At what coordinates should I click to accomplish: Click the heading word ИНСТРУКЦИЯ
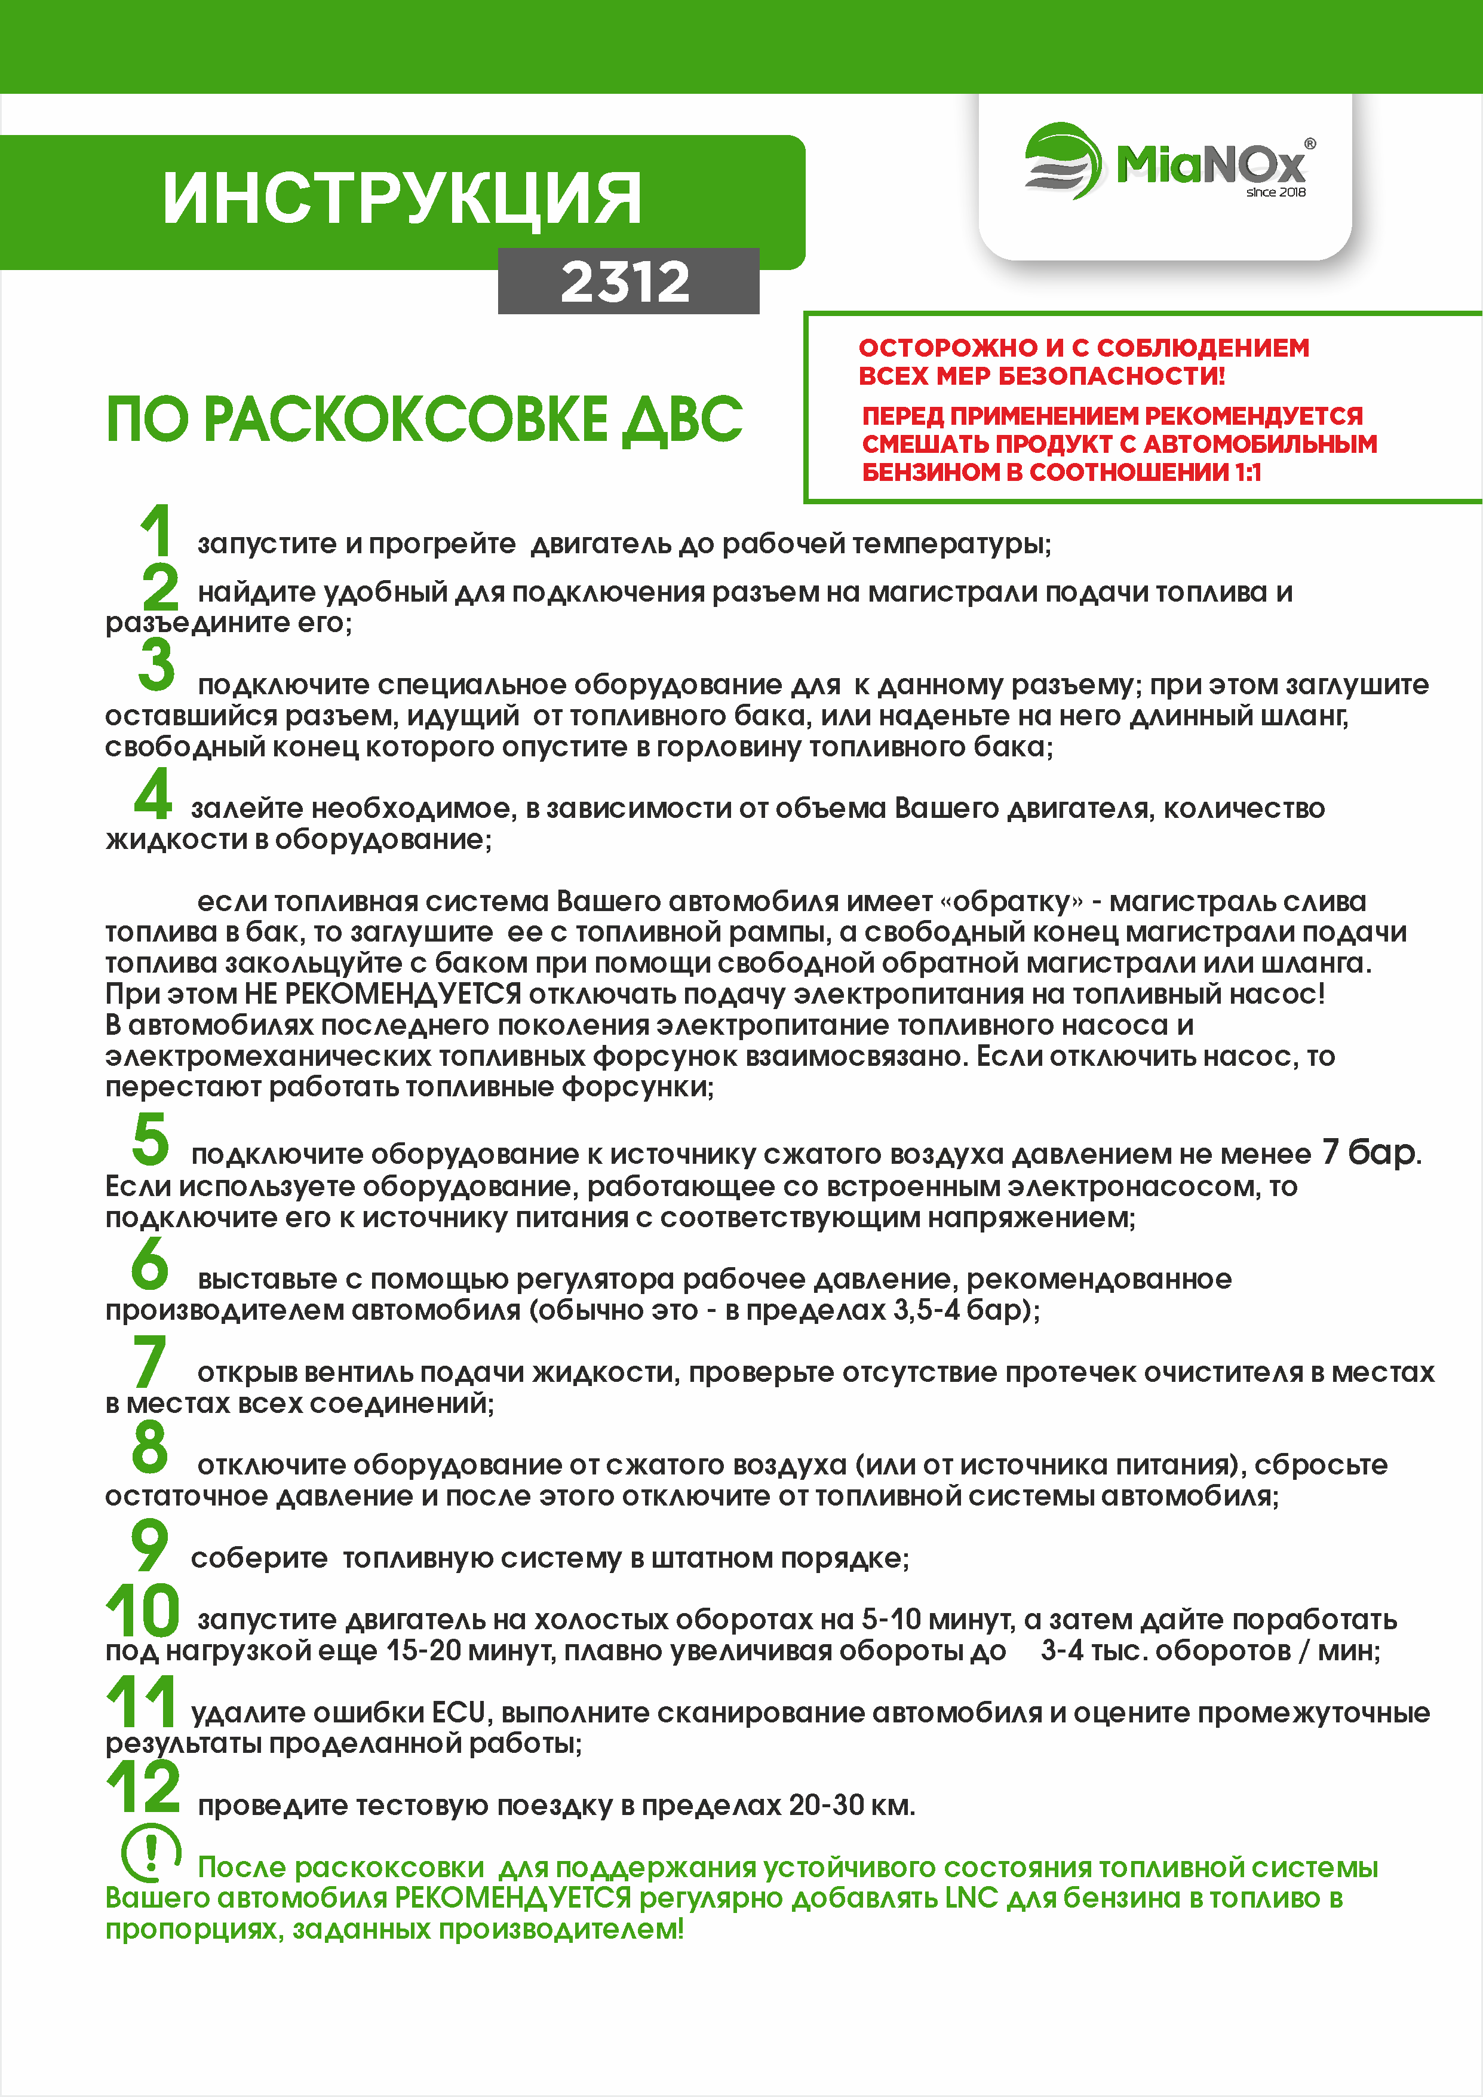402,198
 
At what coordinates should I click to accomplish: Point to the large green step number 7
150,1362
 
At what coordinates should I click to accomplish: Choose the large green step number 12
143,1788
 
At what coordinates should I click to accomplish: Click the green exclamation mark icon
151,1851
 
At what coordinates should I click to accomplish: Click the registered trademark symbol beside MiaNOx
1310,143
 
